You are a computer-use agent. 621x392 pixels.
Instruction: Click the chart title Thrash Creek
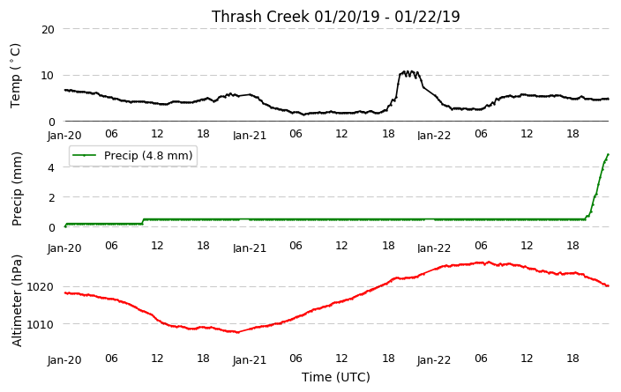(x=260, y=17)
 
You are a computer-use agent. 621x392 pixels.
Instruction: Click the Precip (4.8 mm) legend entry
(x=132, y=155)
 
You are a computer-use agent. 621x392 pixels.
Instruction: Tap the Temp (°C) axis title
(x=15, y=76)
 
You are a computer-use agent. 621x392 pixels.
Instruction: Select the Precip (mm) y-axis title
(x=16, y=189)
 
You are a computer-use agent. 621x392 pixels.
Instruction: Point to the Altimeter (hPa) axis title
(x=16, y=301)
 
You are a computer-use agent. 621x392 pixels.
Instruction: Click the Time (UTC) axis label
(x=336, y=377)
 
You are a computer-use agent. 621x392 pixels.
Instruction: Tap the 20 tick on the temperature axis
(x=48, y=29)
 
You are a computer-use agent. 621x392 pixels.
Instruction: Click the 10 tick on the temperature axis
(x=48, y=76)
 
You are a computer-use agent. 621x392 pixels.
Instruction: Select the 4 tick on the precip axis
(x=51, y=167)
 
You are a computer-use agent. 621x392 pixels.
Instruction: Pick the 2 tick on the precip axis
(x=51, y=197)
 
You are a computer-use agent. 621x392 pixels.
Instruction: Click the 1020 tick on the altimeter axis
(x=40, y=287)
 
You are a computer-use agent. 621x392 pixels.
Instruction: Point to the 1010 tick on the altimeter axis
(x=40, y=325)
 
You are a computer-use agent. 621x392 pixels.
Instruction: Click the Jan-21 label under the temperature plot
(x=250, y=136)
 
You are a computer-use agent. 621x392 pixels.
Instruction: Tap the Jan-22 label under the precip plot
(x=434, y=248)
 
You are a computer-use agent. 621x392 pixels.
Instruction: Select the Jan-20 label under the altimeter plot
(x=64, y=360)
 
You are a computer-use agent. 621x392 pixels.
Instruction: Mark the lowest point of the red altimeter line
(x=237, y=332)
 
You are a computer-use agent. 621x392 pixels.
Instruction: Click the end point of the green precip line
(x=608, y=155)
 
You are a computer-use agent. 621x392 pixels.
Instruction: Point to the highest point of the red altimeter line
(x=489, y=262)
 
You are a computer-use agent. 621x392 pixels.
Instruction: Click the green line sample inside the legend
(x=84, y=155)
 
